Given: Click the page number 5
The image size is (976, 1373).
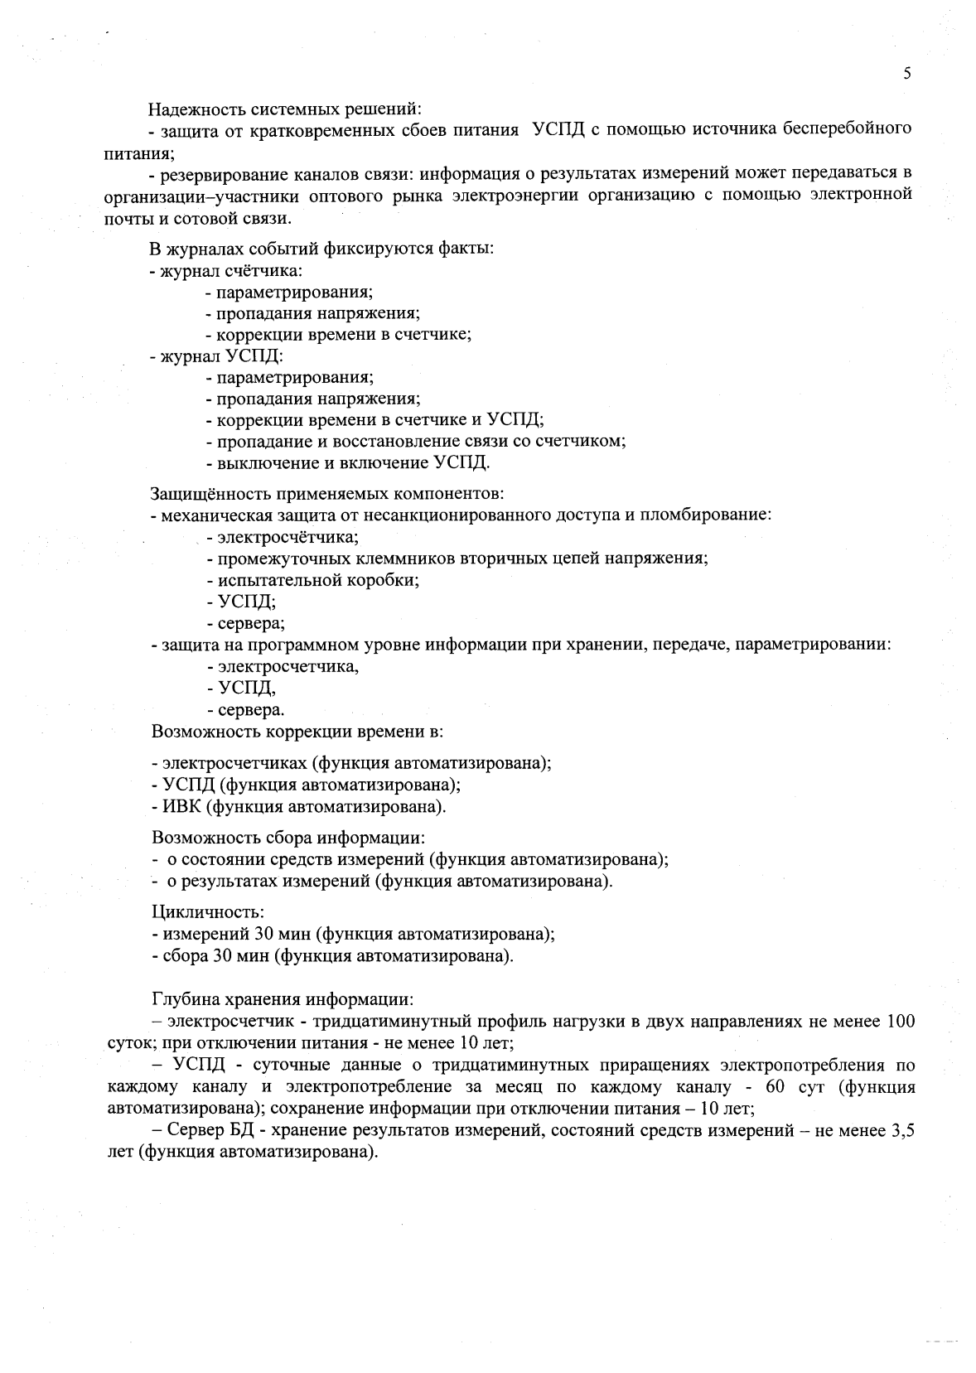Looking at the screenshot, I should [907, 74].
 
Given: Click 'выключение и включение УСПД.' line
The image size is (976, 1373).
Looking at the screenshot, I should [353, 463].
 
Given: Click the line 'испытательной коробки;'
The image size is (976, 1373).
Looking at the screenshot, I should [312, 579].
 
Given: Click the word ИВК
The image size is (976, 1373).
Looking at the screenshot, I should [176, 806].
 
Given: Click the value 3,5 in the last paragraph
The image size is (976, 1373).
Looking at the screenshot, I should [902, 1130].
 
